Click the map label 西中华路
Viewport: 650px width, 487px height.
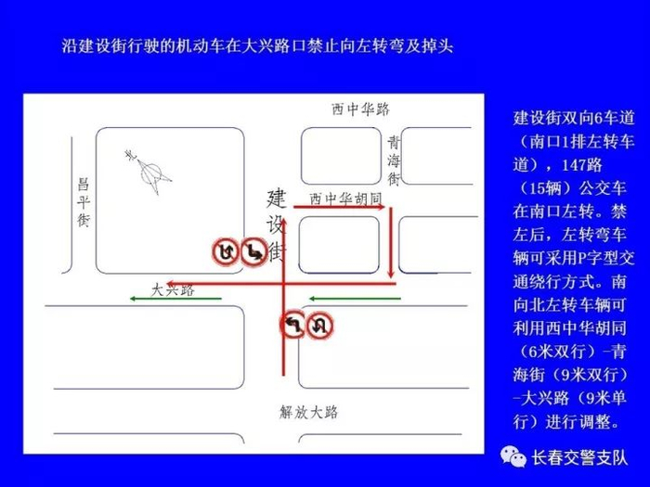[x=360, y=109]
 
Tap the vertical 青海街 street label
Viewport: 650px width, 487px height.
[x=394, y=160]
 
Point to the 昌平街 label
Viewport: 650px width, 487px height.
[x=84, y=202]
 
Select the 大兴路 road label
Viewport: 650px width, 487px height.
[x=173, y=289]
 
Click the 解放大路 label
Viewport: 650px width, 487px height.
[x=309, y=412]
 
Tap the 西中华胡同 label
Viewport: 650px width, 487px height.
[x=345, y=199]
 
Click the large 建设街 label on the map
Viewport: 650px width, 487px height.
[x=277, y=225]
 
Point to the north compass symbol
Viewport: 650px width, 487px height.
[x=150, y=173]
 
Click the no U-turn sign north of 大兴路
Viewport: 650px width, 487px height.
[x=226, y=251]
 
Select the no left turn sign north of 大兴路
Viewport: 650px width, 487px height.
[x=253, y=251]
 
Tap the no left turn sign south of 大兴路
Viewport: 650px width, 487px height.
[x=293, y=325]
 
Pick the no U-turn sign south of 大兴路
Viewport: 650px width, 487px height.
[x=319, y=325]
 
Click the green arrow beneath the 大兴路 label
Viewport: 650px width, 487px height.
[x=175, y=298]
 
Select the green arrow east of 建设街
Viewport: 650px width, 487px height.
[x=355, y=298]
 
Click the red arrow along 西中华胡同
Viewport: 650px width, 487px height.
[x=340, y=207]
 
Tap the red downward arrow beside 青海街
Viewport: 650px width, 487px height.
[x=391, y=243]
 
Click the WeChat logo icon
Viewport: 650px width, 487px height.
[x=513, y=456]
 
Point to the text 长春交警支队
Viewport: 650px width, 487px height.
[x=579, y=457]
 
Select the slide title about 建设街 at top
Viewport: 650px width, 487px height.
[x=257, y=45]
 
